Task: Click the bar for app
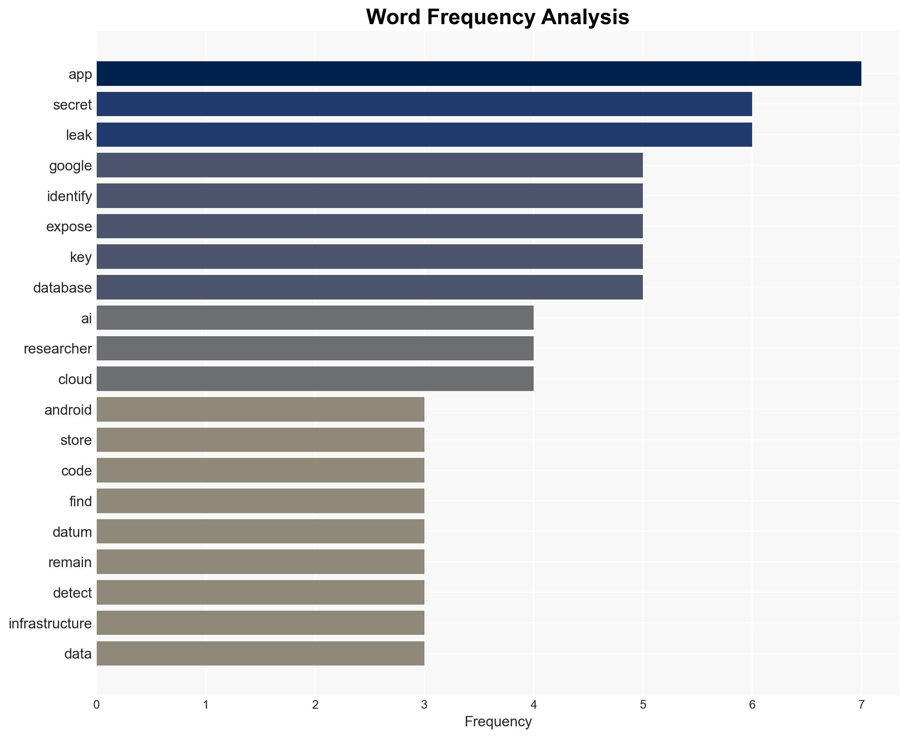478,74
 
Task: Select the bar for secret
424,104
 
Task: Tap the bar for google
369,165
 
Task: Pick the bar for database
369,287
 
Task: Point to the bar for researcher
315,348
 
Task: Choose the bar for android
260,409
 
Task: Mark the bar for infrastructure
260,623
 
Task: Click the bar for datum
260,531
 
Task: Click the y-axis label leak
79,135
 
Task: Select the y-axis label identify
69,196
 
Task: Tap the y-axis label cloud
75,379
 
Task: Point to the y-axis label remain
70,562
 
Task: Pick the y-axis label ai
86,319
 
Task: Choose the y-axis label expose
69,227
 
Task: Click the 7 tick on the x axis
861,705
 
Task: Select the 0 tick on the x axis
96,705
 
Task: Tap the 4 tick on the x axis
533,705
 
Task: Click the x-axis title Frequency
498,722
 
